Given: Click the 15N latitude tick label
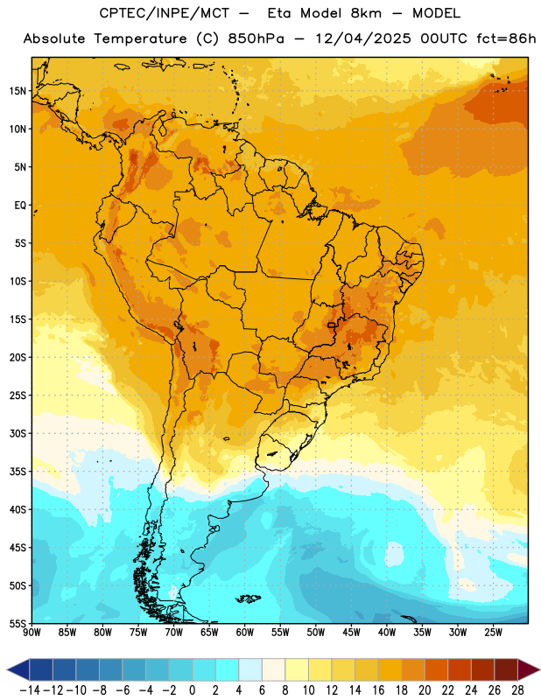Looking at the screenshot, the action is click(18, 91).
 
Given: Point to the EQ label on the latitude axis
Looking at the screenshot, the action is click(20, 206).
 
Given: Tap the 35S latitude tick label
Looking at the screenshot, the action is click(18, 472).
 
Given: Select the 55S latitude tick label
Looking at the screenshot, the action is click(18, 623).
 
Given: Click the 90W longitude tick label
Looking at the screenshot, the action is click(32, 632).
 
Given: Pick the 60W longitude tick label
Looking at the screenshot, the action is click(244, 632).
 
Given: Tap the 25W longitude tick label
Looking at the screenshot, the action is click(493, 632).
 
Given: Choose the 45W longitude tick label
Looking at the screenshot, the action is click(351, 632).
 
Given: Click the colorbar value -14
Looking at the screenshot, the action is click(30, 690).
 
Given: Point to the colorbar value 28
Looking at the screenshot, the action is click(517, 690).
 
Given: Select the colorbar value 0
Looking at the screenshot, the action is click(192, 690).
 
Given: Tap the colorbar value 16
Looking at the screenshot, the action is click(378, 690).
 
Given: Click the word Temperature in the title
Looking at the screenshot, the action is click(140, 38).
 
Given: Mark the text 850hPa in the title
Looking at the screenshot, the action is click(256, 38).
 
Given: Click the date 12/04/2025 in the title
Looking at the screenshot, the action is click(363, 38).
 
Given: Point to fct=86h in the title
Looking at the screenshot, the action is click(506, 38).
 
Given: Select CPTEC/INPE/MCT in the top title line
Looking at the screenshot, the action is click(164, 13).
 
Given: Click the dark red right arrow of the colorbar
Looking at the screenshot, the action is click(529, 669).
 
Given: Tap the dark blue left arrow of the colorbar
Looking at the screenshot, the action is click(18, 669).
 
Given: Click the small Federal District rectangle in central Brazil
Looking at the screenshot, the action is click(331, 325).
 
